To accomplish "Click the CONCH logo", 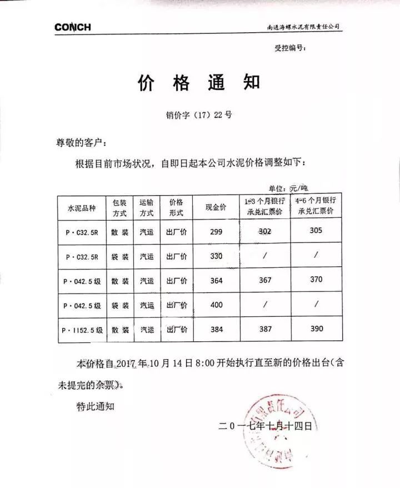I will tap(72, 27).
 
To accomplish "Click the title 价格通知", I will tap(198, 83).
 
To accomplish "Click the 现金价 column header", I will tap(216, 207).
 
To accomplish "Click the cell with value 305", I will tap(316, 230).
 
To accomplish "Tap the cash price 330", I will tap(216, 256).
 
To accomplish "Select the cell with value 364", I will tap(216, 281).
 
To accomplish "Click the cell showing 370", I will tap(316, 280).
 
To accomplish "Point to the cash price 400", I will tap(216, 305).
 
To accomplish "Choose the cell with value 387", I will tap(265, 329).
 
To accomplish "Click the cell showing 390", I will tap(317, 328).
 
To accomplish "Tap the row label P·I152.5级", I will tap(82, 330).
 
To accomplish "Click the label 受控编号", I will tap(290, 49).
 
